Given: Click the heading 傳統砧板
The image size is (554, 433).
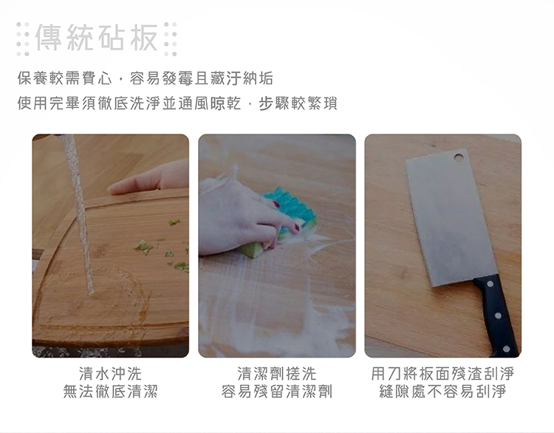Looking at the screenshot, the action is (x=97, y=38).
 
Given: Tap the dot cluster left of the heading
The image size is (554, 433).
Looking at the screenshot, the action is (x=23, y=39).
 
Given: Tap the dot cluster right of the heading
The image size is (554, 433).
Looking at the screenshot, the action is (x=171, y=39).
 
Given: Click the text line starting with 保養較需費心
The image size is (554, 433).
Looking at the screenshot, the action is (x=146, y=78).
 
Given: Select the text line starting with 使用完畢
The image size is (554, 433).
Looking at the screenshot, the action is (x=177, y=103).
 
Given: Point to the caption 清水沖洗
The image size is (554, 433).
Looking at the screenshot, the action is (x=110, y=374).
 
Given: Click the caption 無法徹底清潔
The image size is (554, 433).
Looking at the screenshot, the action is (x=110, y=392).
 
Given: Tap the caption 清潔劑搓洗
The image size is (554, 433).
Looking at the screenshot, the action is (x=277, y=374).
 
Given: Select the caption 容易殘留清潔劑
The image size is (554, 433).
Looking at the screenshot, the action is (x=277, y=392).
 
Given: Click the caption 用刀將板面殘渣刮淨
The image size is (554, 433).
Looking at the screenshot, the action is (x=442, y=374).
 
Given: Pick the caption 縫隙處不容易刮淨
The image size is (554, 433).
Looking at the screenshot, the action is (x=442, y=392).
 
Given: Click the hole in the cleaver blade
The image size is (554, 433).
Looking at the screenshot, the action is (x=459, y=157).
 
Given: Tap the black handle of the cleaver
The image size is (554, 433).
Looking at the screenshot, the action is (x=496, y=314).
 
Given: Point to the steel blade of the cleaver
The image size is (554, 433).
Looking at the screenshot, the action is (x=451, y=216).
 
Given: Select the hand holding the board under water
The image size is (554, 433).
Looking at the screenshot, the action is (x=148, y=178).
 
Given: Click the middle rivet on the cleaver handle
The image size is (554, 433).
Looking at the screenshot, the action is (x=498, y=316).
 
